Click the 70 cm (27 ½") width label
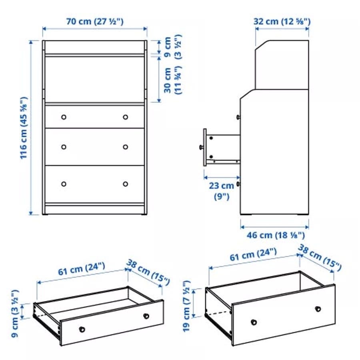point(95,22)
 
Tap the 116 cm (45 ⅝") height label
point(24,128)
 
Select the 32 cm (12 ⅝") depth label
point(282,22)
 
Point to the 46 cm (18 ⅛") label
point(276,235)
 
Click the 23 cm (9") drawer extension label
point(222,191)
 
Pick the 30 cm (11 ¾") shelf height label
point(173,80)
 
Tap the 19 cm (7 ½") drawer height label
point(187,306)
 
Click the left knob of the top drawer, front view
point(64,117)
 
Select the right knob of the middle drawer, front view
point(125,147)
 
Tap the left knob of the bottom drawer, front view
point(64,184)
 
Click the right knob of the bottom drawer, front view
point(125,184)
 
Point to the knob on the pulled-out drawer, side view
point(201,147)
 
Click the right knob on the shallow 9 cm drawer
point(146,316)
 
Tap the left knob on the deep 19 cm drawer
point(254,322)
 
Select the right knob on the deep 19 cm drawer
point(318,309)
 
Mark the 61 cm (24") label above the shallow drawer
point(82,269)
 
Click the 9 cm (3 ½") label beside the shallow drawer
point(15,314)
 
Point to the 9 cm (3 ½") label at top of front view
point(173,47)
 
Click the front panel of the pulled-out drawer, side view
point(205,147)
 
